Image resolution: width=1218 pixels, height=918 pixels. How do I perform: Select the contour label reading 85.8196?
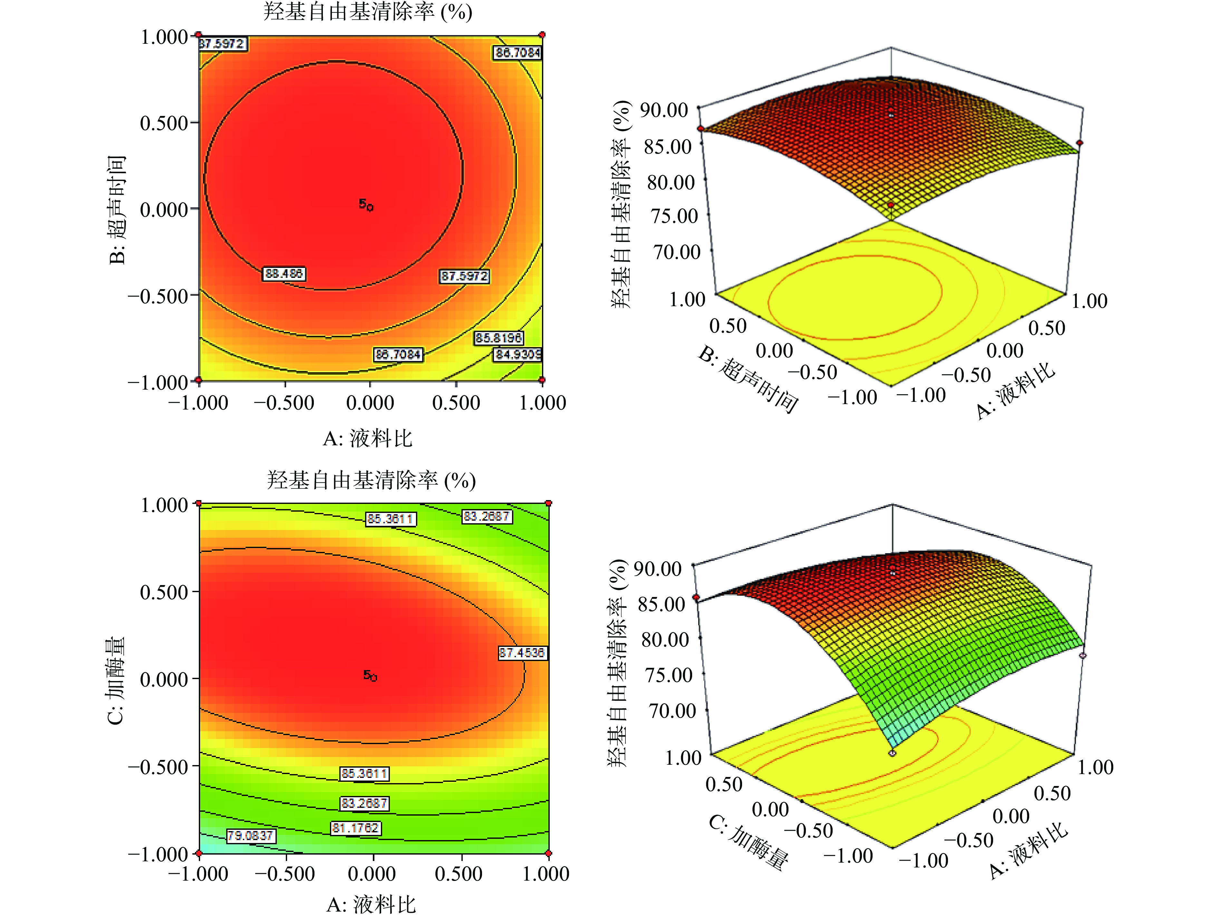[x=499, y=337]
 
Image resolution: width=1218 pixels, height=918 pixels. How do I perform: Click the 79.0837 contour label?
[x=251, y=836]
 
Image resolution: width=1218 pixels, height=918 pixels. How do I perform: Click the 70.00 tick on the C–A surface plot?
[x=672, y=711]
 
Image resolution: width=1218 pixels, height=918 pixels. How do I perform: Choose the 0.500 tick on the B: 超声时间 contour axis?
[x=164, y=123]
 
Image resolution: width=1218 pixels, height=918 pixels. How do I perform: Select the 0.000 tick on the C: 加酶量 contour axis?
[x=164, y=679]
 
